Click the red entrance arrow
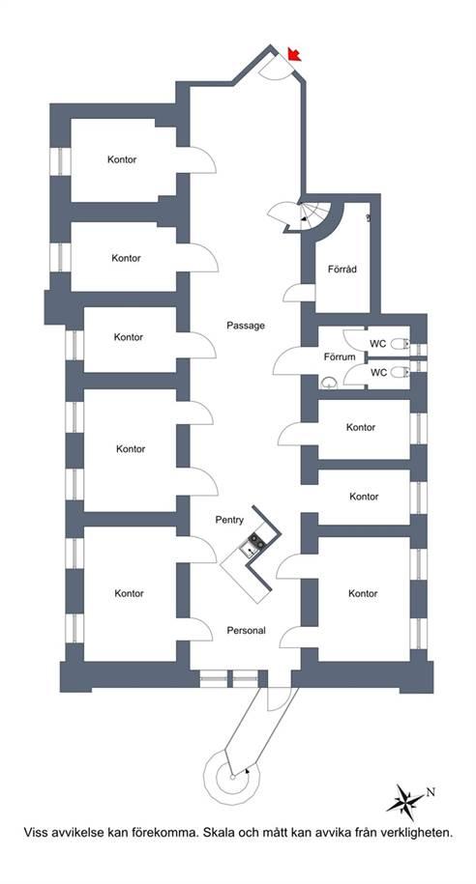293,54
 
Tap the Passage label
246,326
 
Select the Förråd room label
342,269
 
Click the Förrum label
340,356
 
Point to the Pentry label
229,520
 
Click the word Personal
246,630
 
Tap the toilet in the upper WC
400,343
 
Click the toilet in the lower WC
400,372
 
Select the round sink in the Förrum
329,384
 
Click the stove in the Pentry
257,541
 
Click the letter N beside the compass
431,792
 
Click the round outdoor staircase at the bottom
231,777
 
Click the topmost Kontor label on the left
122,159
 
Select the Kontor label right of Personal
363,593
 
